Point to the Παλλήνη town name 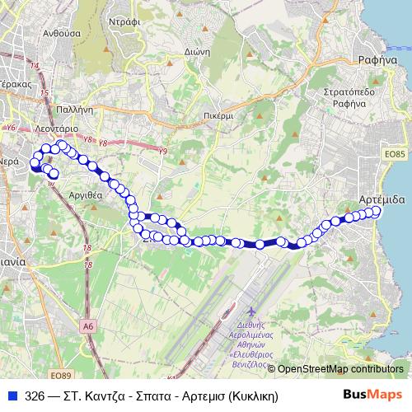click(x=75, y=109)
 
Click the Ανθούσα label click(x=61, y=34)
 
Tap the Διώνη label click(x=222, y=49)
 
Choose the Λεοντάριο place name click(x=56, y=129)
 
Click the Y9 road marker click(x=162, y=151)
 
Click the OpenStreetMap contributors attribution click(x=340, y=368)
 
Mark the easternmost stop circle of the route click(x=377, y=212)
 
